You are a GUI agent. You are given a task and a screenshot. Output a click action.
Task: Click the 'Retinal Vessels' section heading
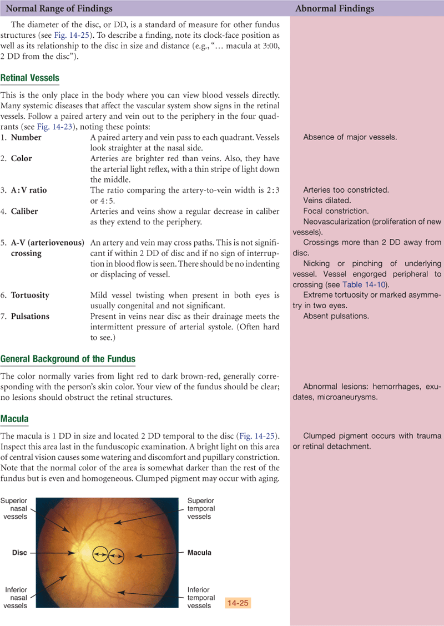pyautogui.click(x=30, y=78)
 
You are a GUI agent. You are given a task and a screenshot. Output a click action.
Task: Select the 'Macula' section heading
pyautogui.click(x=15, y=418)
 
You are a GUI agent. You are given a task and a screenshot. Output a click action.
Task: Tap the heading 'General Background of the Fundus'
pyautogui.click(x=68, y=359)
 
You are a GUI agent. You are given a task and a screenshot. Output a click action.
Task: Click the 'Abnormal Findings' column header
pyautogui.click(x=335, y=8)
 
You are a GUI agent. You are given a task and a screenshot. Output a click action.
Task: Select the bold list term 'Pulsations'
pyautogui.click(x=30, y=316)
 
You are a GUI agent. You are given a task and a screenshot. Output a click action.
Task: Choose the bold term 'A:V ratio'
pyautogui.click(x=29, y=190)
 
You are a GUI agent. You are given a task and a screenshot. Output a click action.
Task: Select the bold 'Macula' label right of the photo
pyautogui.click(x=199, y=553)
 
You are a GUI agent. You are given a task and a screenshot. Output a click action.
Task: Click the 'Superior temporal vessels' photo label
pyautogui.click(x=201, y=508)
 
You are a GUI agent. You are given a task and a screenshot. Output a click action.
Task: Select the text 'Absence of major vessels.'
pyautogui.click(x=350, y=137)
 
